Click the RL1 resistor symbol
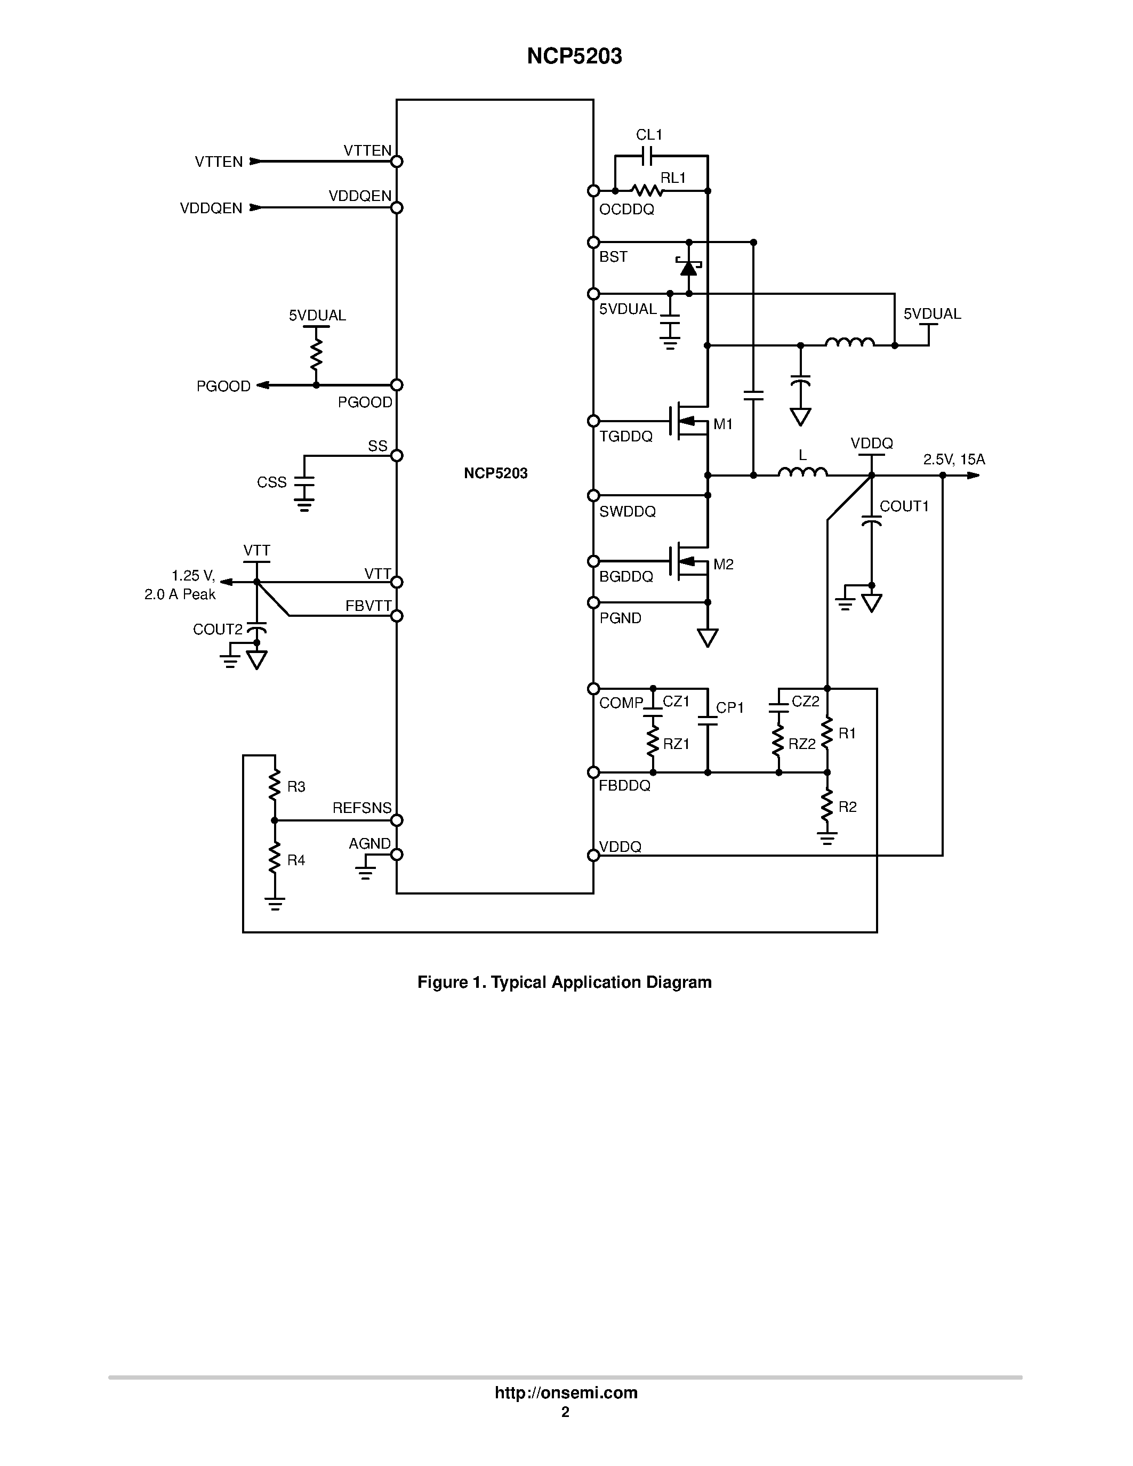(x=647, y=191)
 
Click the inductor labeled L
(x=803, y=473)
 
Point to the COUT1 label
(x=904, y=506)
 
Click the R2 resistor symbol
(x=827, y=806)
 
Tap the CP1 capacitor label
(x=730, y=707)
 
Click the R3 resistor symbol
(x=275, y=785)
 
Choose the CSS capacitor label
(x=272, y=482)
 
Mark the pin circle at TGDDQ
(x=593, y=421)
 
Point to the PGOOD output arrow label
(x=223, y=386)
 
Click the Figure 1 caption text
(x=565, y=982)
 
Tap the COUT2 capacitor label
(x=218, y=629)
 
